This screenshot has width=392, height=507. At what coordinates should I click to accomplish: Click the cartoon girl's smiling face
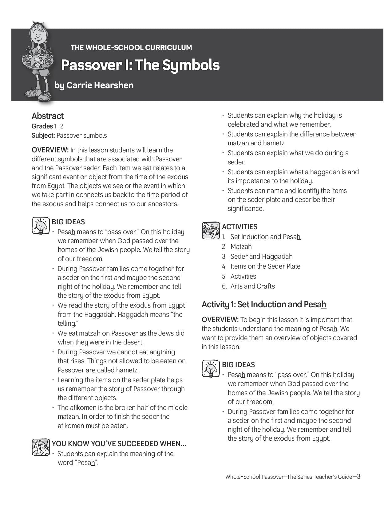38,36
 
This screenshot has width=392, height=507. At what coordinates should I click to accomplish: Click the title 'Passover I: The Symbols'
140,65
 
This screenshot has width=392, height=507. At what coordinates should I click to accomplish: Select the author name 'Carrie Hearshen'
100,85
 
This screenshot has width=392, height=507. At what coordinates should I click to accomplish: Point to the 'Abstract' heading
48,116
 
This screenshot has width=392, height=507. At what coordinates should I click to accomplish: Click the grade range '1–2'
59,126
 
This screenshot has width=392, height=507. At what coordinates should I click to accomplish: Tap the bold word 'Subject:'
43,136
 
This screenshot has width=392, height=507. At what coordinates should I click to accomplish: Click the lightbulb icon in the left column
41,226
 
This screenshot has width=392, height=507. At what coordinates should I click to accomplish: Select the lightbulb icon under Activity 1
211,369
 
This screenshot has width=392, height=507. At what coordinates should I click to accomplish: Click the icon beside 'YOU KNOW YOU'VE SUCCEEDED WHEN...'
41,447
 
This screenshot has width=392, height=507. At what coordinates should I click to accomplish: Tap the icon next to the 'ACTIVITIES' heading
211,230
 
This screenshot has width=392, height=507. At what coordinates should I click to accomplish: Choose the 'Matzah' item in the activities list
241,246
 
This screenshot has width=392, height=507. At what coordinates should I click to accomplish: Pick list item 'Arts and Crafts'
253,286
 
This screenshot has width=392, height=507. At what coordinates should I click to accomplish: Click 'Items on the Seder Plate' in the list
265,266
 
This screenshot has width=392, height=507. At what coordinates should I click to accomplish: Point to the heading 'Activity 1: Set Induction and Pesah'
264,304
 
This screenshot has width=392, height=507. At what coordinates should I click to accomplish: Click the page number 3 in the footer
358,476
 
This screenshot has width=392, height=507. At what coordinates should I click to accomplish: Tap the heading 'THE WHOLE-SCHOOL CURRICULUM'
131,48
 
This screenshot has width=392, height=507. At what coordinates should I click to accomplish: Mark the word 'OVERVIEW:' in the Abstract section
50,150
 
